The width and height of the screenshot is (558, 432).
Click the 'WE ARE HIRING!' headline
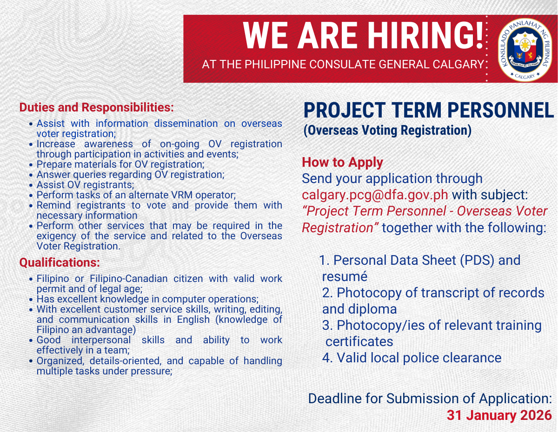pos(363,36)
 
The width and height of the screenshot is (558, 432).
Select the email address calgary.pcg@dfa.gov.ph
pos(375,195)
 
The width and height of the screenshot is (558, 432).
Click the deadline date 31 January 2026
pos(499,415)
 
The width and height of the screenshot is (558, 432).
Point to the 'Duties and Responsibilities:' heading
pos(96,107)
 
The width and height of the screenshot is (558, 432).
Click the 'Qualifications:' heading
pos(60,262)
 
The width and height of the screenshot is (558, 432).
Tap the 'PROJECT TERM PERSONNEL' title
pos(428,111)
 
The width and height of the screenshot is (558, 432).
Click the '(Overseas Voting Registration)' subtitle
pos(387,130)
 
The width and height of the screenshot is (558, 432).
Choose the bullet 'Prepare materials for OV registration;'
pos(120,164)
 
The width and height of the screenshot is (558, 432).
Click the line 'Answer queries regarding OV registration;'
pos(130,175)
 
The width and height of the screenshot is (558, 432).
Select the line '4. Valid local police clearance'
pos(412,358)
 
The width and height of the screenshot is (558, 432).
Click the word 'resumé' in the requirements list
pos(345,276)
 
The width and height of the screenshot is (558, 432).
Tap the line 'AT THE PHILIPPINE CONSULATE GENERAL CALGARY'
pos(343,65)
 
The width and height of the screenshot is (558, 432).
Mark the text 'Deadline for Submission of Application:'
pos(430,399)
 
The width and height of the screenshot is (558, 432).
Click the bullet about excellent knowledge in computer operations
pos(147,299)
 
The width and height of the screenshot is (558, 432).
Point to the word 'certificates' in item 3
pos(359,341)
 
